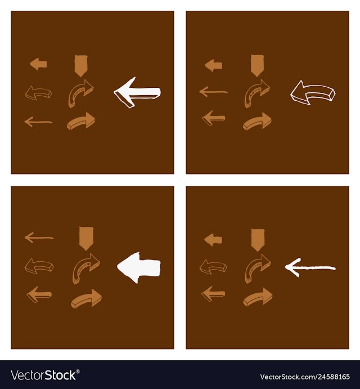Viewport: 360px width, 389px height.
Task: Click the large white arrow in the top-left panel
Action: pos(137,92)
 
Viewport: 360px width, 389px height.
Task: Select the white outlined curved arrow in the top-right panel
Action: pos(313,93)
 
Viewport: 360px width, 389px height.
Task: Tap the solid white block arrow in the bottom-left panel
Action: pos(139,267)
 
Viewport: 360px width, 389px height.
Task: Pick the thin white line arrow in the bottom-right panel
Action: pos(310,268)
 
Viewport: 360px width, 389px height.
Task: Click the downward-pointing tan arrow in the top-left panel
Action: pos(81,65)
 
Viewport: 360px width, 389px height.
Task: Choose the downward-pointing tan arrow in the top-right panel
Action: pos(257,65)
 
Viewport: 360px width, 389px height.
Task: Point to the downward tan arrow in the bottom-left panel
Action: pos(86,238)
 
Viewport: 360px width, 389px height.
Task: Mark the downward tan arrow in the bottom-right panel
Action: pos(258,240)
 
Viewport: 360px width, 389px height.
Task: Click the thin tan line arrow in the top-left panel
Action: pos(38,122)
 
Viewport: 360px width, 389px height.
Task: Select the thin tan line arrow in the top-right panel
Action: pos(213,92)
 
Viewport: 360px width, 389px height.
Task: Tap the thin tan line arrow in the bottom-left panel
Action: pos(39,238)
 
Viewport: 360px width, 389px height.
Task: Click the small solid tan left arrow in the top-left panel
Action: pos(38,64)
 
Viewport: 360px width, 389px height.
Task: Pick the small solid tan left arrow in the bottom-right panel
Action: pos(213,240)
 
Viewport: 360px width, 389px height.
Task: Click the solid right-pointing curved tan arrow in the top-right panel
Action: pos(257,121)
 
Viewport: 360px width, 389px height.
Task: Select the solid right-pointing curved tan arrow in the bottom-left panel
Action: pos(86,298)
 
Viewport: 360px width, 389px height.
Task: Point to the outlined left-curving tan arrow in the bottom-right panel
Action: pos(213,267)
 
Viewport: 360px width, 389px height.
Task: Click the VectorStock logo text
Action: pos(44,375)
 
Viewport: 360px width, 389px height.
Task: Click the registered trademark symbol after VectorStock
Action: pos(78,372)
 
